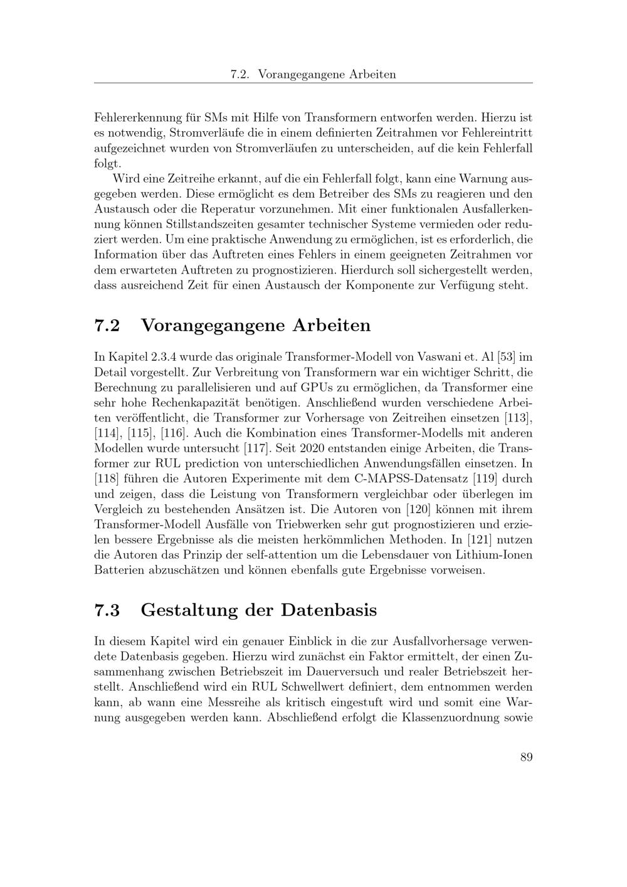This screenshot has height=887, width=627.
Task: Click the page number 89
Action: tap(526, 757)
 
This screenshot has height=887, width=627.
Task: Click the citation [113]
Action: tap(519, 418)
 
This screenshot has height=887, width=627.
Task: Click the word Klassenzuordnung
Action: tap(455, 717)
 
